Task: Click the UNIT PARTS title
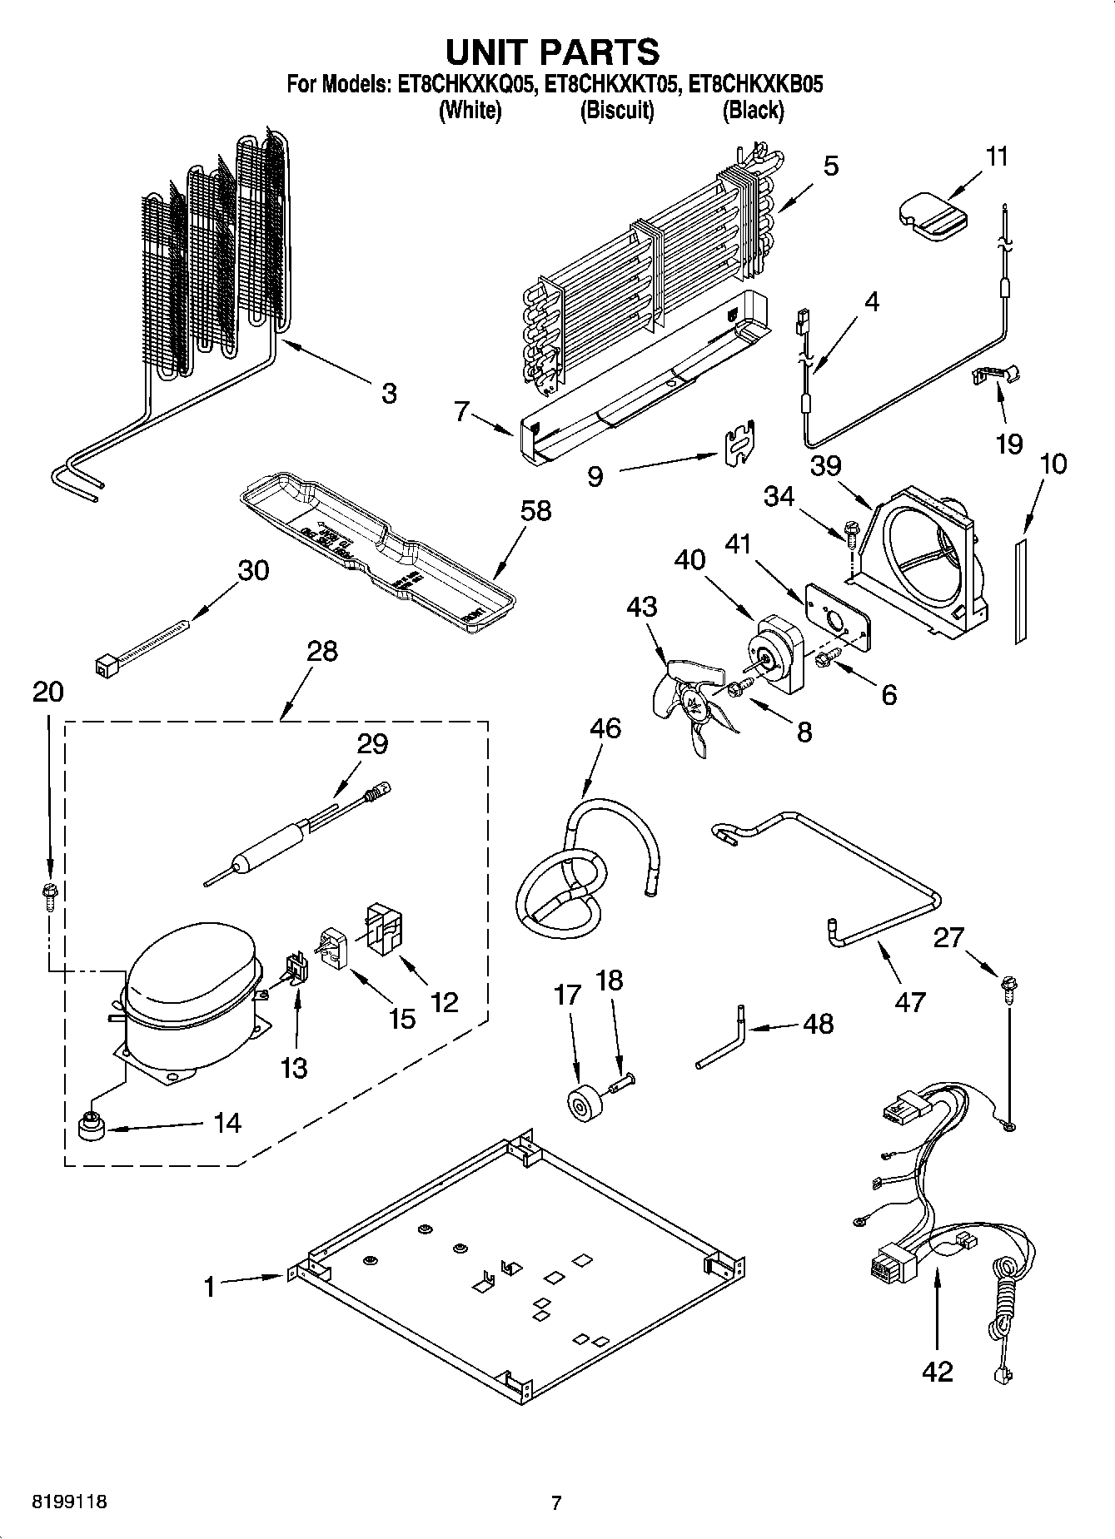(x=553, y=52)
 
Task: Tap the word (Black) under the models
(x=753, y=110)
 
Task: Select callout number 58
(x=536, y=510)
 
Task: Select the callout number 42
(x=937, y=1371)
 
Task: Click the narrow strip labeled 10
(x=1021, y=590)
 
